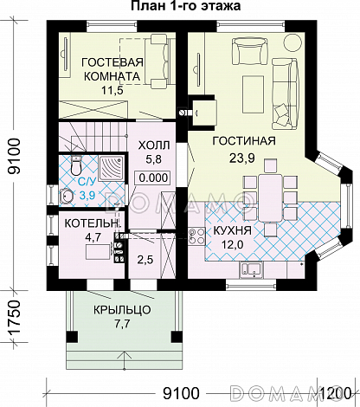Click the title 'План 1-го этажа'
(x=186, y=6)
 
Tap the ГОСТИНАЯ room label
(x=244, y=141)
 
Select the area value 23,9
(x=242, y=158)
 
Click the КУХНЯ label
(x=232, y=230)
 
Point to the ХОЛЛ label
(x=154, y=145)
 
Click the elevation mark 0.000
(x=153, y=178)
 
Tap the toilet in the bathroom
(x=76, y=165)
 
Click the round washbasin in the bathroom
(x=67, y=197)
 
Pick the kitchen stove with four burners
(x=196, y=236)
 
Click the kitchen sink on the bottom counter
(x=251, y=270)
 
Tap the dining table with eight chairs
(x=269, y=197)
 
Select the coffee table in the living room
(x=254, y=94)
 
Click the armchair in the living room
(x=249, y=51)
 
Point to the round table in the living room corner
(x=292, y=42)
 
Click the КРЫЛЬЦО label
(x=122, y=310)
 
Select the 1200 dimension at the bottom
(x=336, y=392)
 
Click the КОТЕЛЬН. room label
(x=92, y=223)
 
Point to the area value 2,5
(x=145, y=260)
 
